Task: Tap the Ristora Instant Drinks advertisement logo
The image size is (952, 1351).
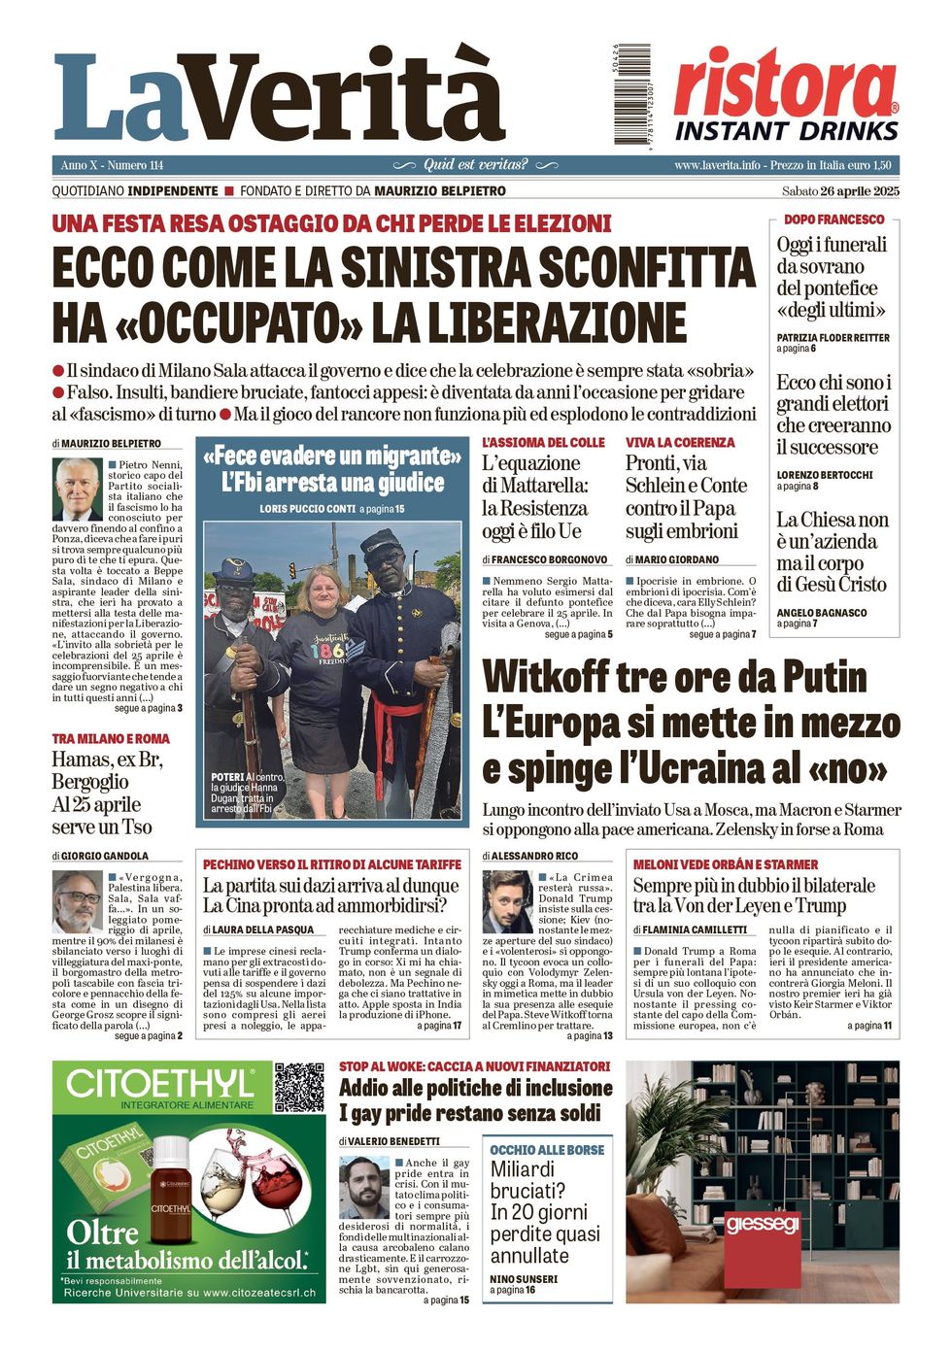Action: pos(786,95)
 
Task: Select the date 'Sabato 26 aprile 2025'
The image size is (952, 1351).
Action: pos(840,191)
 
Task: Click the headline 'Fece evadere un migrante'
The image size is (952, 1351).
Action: pos(331,456)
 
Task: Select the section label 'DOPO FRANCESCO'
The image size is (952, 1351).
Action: pos(833,220)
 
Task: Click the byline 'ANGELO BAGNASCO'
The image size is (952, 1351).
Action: pos(821,613)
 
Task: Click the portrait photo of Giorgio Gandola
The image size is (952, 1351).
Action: pos(77,901)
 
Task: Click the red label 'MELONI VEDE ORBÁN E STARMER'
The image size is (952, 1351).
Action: pos(725,864)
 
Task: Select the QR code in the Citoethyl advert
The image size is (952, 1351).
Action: pos(298,1088)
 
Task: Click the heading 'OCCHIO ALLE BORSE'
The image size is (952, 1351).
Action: pos(547,1150)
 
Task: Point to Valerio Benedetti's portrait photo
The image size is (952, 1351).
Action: pos(364,1187)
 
